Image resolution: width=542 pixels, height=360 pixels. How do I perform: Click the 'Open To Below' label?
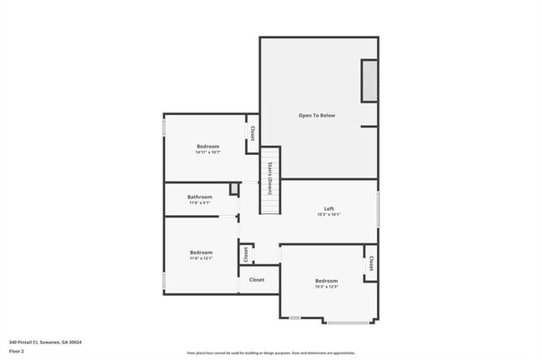pyautogui.click(x=317, y=115)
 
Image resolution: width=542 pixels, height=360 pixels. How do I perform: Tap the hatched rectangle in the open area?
pyautogui.click(x=369, y=81)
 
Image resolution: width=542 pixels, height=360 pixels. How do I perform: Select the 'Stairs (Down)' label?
pyautogui.click(x=270, y=177)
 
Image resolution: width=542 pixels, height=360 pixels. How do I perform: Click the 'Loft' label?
pyautogui.click(x=329, y=208)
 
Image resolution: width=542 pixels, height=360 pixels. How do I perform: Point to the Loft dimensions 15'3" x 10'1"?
pyautogui.click(x=329, y=215)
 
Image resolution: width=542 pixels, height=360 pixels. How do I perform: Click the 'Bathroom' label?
pyautogui.click(x=200, y=197)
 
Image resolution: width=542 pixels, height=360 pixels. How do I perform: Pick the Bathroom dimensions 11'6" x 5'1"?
pyautogui.click(x=200, y=203)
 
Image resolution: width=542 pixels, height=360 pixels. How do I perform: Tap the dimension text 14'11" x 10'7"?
pyautogui.click(x=208, y=152)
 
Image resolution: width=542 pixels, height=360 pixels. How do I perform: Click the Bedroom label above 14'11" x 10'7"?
pyautogui.click(x=208, y=146)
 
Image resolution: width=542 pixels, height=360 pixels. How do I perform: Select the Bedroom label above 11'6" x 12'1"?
pyautogui.click(x=201, y=252)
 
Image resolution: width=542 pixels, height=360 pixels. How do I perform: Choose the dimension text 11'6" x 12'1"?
pyautogui.click(x=201, y=258)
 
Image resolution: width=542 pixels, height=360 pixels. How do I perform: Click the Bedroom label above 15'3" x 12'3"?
pyautogui.click(x=326, y=281)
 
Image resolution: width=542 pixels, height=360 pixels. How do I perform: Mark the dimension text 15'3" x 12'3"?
pyautogui.click(x=326, y=287)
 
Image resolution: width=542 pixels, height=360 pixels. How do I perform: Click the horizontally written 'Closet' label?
pyautogui.click(x=257, y=280)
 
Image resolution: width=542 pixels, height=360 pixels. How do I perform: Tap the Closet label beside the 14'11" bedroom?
pyautogui.click(x=252, y=133)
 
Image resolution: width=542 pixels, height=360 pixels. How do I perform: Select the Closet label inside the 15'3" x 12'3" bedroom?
pyautogui.click(x=370, y=262)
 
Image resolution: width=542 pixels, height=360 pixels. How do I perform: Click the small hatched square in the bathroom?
pyautogui.click(x=234, y=189)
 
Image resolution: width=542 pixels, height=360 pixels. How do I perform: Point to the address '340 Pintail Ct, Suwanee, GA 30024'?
pyautogui.click(x=46, y=342)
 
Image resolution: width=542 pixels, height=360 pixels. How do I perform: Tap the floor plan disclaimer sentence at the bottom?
pyautogui.click(x=271, y=353)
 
